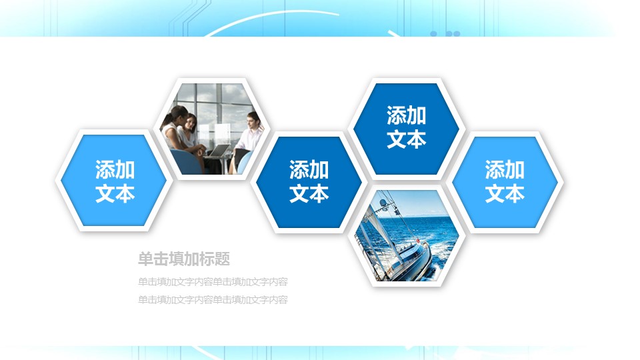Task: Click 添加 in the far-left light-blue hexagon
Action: coord(115,170)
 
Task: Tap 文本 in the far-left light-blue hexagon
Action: coord(115,193)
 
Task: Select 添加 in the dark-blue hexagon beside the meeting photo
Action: coord(309,170)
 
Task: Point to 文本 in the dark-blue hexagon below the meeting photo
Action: coord(309,193)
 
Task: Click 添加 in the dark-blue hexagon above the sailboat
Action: coord(406,115)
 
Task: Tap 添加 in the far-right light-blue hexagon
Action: coord(504,170)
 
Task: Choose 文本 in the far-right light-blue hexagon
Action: coord(504,193)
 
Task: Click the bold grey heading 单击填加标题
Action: coord(184,259)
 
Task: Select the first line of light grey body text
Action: coord(213,281)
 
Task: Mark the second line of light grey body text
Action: coord(213,300)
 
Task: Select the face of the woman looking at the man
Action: coord(191,121)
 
